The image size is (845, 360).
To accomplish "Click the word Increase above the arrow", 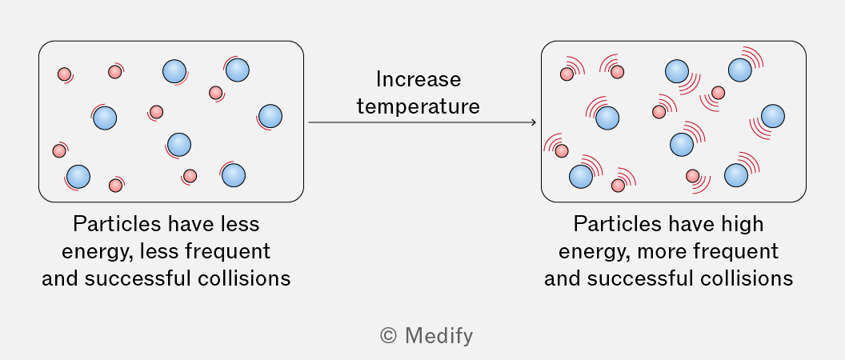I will coord(418,80).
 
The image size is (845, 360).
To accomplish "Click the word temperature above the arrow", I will coord(418,106).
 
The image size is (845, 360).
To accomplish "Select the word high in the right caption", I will coord(743,224).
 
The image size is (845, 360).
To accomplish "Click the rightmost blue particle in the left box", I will coord(270,117).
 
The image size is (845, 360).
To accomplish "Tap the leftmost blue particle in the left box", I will coord(78,177).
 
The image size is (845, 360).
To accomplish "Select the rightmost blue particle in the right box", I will coord(773,117).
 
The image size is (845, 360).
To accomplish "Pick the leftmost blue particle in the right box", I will coord(581,177).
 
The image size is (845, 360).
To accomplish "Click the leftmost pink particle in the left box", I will coord(58,150).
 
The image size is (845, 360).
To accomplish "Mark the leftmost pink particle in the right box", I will coord(561,150).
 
